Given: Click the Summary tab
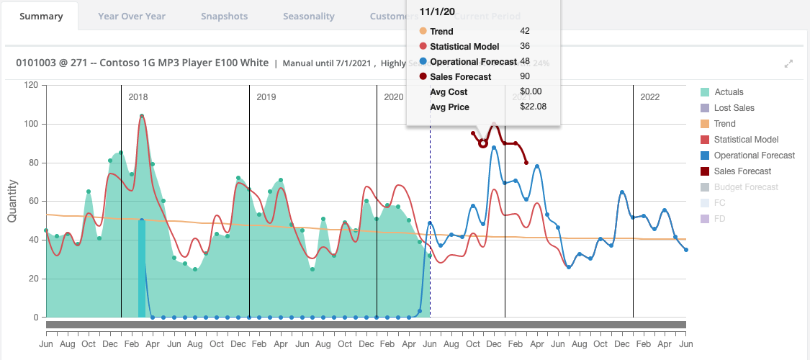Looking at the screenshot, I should coord(40,16).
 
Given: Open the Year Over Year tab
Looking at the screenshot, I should coord(132,16).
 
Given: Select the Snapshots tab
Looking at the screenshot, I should coord(224,16).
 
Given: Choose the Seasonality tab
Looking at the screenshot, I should coord(308,16).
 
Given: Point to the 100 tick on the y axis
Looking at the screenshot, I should coord(30,124).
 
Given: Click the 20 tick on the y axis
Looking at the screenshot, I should coord(32,279).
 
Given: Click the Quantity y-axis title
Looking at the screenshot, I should coord(13,201).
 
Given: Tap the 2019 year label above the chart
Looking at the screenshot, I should coord(266,96).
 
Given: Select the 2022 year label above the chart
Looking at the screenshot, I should coord(649,96).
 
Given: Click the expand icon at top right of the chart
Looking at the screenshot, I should coord(788,63).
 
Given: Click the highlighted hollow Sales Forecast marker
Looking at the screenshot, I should coord(483,143).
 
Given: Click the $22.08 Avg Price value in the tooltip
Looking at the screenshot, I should coord(533,107).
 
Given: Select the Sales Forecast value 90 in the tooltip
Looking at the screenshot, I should coord(525,76).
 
